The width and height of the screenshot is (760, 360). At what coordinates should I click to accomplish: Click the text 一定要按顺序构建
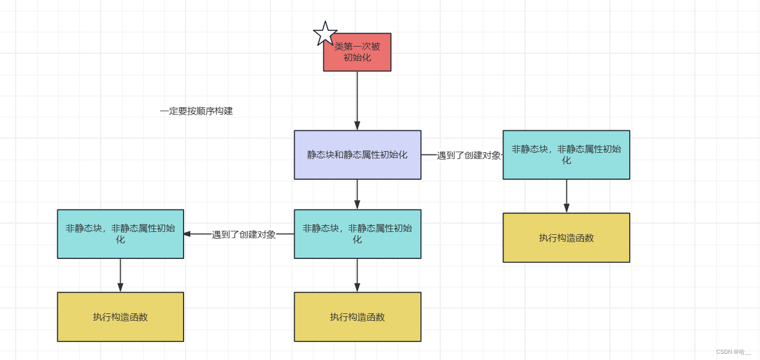[x=196, y=111]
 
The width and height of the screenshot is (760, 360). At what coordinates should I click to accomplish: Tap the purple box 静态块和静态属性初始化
[x=358, y=155]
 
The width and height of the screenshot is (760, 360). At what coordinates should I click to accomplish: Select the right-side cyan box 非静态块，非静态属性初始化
[x=566, y=155]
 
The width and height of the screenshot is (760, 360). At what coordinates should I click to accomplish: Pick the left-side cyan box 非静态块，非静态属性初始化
[x=120, y=234]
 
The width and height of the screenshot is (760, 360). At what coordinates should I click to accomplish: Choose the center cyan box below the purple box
[x=358, y=234]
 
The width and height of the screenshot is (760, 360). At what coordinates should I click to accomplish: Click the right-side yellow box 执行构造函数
[x=566, y=238]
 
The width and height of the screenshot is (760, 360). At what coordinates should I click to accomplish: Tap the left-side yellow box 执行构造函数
[x=120, y=317]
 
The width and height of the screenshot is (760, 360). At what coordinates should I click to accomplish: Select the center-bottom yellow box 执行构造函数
[x=358, y=317]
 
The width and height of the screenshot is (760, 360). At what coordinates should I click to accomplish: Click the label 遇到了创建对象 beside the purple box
[x=469, y=156]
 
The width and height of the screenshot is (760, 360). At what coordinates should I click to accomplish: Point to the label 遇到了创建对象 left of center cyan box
[x=244, y=235]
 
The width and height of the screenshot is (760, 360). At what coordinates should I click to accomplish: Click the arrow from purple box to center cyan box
[x=357, y=194]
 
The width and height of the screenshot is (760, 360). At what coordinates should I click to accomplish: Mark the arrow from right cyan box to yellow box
[x=566, y=195]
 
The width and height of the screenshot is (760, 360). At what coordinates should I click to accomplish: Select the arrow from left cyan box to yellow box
[x=120, y=275]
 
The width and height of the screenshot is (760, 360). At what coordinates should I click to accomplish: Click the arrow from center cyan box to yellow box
[x=357, y=275]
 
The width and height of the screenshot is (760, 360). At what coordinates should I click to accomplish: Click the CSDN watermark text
[x=733, y=352]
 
